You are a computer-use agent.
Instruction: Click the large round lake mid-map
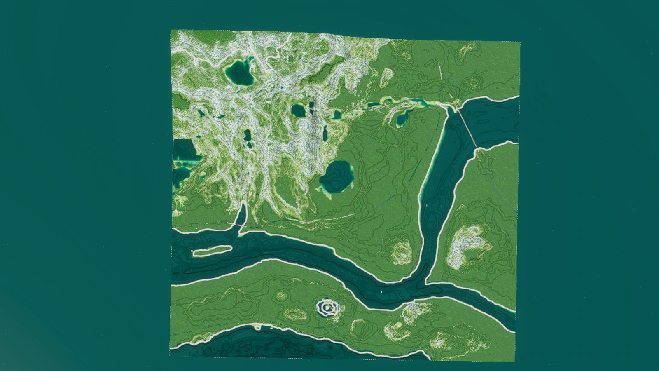pyautogui.click(x=337, y=176)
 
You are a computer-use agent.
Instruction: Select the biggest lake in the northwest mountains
pyautogui.click(x=239, y=73)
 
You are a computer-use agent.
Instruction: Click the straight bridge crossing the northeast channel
pyautogui.click(x=467, y=126)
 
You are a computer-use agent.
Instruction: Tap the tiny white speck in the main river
pyautogui.click(x=382, y=292)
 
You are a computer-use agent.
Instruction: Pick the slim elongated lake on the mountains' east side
pyautogui.click(x=325, y=134)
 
